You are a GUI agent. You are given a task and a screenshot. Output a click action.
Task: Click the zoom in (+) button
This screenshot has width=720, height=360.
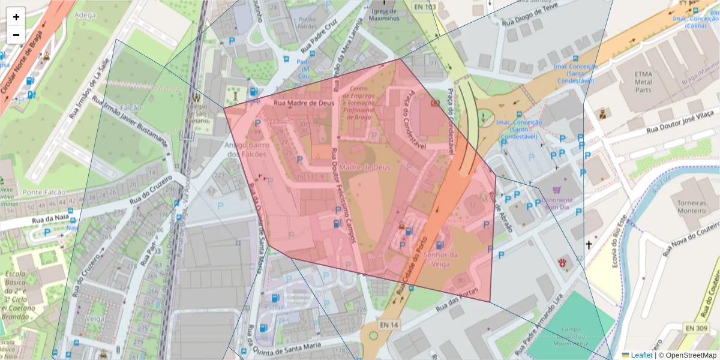[x=16, y=17]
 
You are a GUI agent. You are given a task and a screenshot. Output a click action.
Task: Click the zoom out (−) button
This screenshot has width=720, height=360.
[x=16, y=35]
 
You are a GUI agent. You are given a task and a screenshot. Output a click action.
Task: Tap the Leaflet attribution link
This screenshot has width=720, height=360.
[x=641, y=355]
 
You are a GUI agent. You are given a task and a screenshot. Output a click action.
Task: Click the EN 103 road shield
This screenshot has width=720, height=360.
[x=424, y=7]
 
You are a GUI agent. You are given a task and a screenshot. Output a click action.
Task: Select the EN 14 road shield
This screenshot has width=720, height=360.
[x=388, y=325]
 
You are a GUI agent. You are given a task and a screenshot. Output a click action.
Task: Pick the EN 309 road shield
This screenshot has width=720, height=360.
[x=696, y=328]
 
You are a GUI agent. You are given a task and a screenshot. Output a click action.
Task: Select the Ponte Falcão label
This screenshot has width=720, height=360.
[x=40, y=192]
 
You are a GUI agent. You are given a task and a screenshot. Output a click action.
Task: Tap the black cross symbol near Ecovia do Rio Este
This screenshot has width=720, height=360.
[x=589, y=245]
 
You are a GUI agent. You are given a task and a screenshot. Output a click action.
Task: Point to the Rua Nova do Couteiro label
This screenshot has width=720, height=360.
[x=691, y=236]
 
